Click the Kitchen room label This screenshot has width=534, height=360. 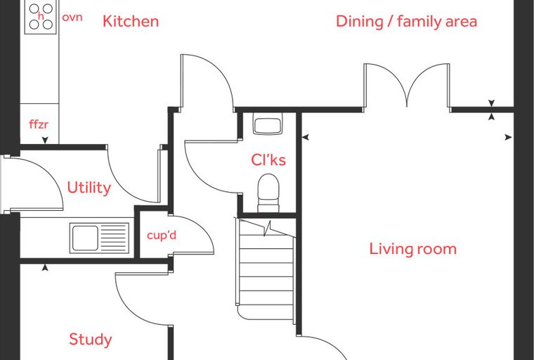coord(131,21)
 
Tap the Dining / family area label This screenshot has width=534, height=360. coord(406,21)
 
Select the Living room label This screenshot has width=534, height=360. coord(412,248)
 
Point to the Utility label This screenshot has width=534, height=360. coord(89,188)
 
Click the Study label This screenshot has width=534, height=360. coord(90,339)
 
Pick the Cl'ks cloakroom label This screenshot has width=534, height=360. coord(268,160)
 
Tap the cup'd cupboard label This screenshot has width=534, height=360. coord(162,235)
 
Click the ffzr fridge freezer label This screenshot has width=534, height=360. coord(39,124)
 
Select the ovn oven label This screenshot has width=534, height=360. coord(72,17)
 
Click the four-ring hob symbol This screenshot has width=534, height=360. coord(41,17)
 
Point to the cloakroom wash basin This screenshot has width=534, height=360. coord(268,124)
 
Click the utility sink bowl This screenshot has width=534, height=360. coord(84,238)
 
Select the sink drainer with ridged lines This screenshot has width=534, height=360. coord(114,238)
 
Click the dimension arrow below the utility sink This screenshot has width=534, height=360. coord(45,268)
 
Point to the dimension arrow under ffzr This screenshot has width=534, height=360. coord(45,140)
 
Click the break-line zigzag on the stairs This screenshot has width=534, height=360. coord(267,228)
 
